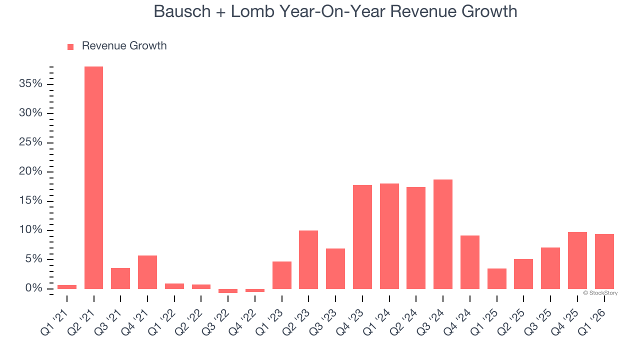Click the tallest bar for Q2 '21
pyautogui.click(x=93, y=177)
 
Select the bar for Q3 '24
pyautogui.click(x=442, y=234)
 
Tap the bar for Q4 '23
pyautogui.click(x=362, y=236)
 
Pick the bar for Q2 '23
pyautogui.click(x=308, y=259)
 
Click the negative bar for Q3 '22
pyautogui.click(x=228, y=290)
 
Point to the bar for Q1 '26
pyautogui.click(x=604, y=261)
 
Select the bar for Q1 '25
pyautogui.click(x=496, y=278)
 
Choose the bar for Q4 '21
pyautogui.click(x=147, y=272)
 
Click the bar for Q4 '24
pyautogui.click(x=469, y=262)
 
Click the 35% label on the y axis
pyautogui.click(x=30, y=83)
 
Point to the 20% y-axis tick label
pyautogui.click(x=30, y=171)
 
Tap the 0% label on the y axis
pyautogui.click(x=33, y=288)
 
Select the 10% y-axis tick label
pyautogui.click(x=30, y=230)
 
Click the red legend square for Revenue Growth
pyautogui.click(x=70, y=46)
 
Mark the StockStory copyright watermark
pyautogui.click(x=600, y=293)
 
